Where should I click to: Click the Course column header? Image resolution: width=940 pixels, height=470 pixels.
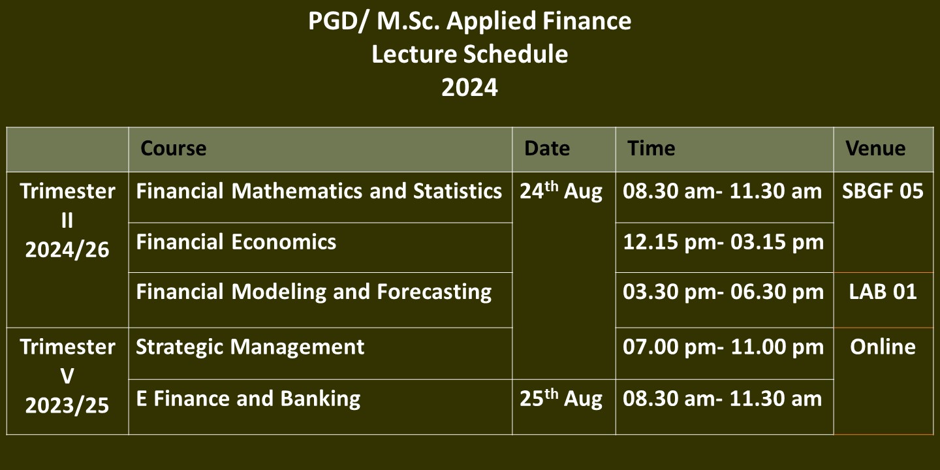[x=174, y=149]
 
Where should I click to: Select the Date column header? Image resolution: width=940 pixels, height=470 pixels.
[x=547, y=149]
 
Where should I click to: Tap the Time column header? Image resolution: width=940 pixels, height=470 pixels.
[x=651, y=149]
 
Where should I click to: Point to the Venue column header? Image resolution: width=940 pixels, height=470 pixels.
[x=875, y=149]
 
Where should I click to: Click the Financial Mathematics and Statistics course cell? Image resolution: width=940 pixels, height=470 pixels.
[x=319, y=191]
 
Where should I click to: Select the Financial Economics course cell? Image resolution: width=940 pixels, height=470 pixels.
[x=236, y=242]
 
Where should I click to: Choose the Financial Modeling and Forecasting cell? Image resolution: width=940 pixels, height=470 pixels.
[x=313, y=292]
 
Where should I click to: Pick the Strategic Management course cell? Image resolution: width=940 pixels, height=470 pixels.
[x=250, y=347]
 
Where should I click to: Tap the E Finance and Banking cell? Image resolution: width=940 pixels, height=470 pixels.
[x=248, y=399]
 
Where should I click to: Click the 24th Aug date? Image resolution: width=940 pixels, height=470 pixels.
[x=561, y=191]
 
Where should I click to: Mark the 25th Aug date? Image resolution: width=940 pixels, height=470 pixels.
[x=561, y=398]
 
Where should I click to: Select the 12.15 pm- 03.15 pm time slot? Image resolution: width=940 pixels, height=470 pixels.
[x=723, y=243]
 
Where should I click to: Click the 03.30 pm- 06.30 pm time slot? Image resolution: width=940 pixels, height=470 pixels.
[x=723, y=292]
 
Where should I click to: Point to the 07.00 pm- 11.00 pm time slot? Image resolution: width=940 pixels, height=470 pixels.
[x=723, y=347]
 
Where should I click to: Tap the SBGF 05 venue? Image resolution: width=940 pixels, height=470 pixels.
[x=883, y=191]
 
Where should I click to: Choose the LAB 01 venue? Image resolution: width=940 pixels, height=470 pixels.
[x=883, y=292]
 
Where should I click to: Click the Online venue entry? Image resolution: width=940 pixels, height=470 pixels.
[x=883, y=347]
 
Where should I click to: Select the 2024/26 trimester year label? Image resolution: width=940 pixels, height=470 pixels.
[x=67, y=250]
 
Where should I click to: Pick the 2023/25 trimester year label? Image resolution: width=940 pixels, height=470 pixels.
[x=67, y=406]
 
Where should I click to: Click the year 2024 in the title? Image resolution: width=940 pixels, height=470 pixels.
[x=469, y=87]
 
